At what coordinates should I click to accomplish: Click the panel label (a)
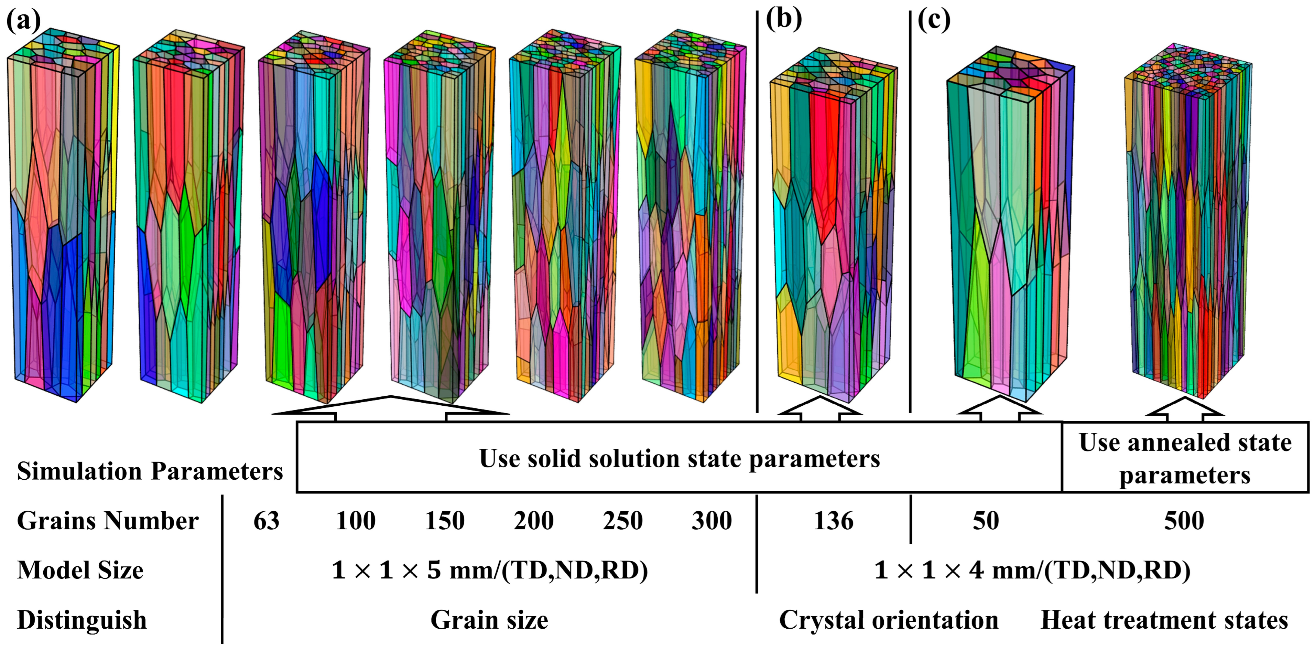23,21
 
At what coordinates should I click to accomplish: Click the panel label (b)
783,19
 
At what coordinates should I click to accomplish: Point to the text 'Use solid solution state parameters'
680,458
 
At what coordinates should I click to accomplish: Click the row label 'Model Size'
80,570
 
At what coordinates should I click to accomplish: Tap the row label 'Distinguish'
82,620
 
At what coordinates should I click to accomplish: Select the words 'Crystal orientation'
889,620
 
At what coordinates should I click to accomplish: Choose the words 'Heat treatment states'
1164,620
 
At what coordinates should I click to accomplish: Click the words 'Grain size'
489,620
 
